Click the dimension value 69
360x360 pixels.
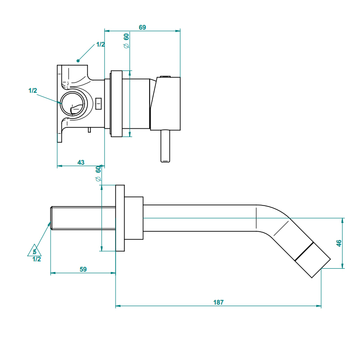pos(142,27)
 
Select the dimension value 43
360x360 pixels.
pos(81,162)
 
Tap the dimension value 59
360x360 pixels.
pos(83,269)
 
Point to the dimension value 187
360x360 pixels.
pos(218,302)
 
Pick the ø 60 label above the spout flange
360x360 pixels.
pos(98,173)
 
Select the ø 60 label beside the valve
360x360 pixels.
pos(126,40)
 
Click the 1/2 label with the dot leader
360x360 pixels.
pos(101,45)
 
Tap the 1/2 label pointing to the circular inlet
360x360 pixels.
pos(33,90)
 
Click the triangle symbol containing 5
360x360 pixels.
pos(34,251)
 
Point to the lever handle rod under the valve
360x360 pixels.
pos(165,146)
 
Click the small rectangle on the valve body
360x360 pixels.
pos(99,103)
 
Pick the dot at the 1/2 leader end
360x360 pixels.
pos(78,61)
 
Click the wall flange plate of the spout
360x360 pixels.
pos(120,218)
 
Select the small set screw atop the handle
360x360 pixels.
pos(164,76)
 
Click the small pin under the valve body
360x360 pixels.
pos(89,129)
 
